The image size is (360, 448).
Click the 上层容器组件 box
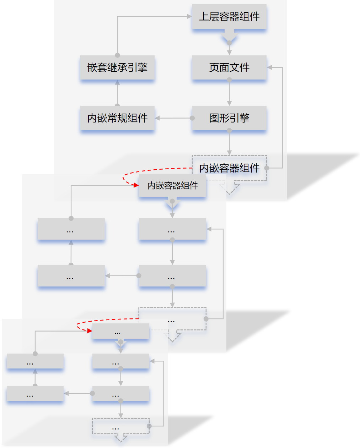pos(229,17)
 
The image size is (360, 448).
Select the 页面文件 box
pos(229,67)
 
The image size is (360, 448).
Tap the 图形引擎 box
pos(229,118)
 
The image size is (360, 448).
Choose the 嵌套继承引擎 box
pos(117,67)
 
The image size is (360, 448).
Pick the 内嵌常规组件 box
pos(117,118)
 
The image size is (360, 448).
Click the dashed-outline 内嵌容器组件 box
pos(229,168)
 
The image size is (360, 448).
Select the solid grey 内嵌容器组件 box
pos(172,185)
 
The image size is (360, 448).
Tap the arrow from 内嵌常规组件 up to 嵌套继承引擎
pos(117,93)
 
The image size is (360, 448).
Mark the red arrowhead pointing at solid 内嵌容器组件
pos(135,185)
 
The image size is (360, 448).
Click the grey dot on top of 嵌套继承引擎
pos(117,55)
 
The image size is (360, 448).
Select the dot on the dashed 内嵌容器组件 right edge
pos(267,168)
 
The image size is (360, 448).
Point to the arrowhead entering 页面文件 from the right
pos(269,67)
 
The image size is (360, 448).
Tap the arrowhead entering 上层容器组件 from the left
pos(189,16)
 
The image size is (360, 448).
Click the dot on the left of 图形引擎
pos(192,118)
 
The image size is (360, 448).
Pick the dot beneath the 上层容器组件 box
pos(229,43)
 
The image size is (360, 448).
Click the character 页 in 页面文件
pos(214,67)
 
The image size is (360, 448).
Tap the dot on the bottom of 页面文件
pos(229,80)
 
